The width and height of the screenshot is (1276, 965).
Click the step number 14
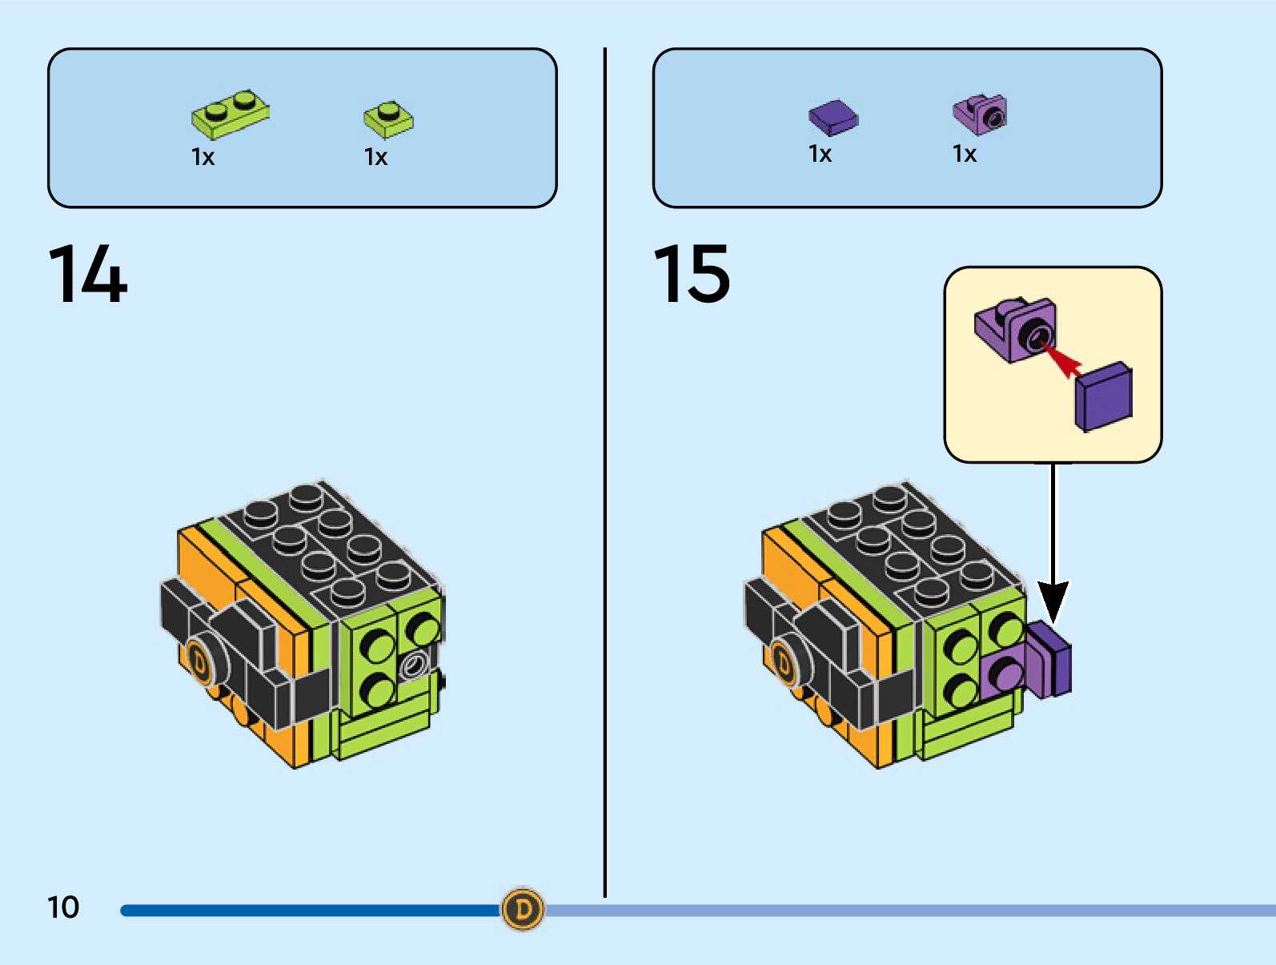point(88,275)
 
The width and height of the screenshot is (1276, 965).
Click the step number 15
point(692,275)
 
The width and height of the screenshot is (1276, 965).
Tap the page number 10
point(63,907)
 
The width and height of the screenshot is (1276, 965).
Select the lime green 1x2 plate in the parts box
point(230,115)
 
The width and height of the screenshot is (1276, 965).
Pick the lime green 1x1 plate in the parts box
point(388,119)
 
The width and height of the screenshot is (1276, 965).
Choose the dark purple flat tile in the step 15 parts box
point(833,117)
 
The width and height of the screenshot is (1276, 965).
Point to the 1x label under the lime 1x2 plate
point(203,157)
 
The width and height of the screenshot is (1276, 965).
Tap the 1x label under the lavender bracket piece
point(965,154)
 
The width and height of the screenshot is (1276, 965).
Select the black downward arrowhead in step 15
point(1053,601)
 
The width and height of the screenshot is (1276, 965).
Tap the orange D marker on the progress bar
point(523,909)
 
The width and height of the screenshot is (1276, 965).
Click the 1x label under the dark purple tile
point(821,154)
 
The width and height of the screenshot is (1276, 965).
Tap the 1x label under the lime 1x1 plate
point(376,157)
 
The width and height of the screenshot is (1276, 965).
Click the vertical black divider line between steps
point(605,480)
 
